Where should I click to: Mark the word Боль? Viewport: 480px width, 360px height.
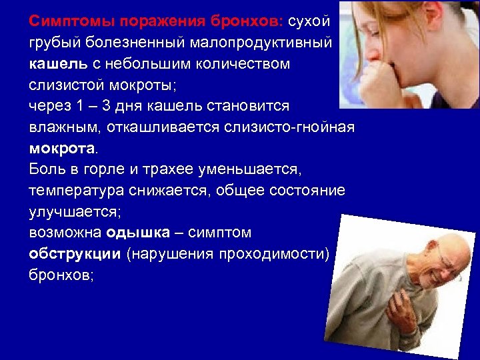(x=47, y=169)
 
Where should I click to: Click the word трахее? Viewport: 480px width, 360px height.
(x=163, y=169)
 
